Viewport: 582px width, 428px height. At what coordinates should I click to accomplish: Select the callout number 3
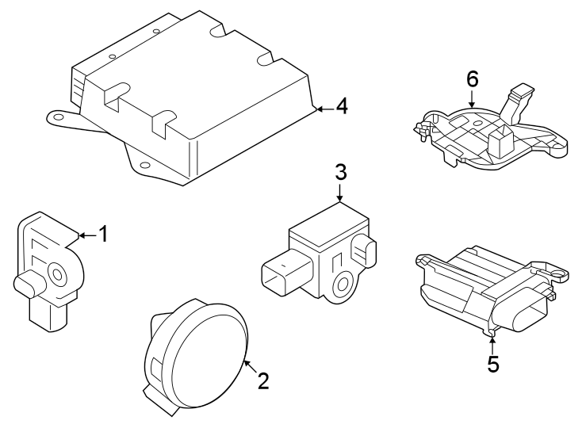coord(340,171)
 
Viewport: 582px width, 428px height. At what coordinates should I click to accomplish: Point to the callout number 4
coord(342,106)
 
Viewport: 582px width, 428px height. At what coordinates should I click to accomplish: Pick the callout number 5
coord(493,364)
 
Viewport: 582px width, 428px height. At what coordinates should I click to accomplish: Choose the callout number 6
coord(473,79)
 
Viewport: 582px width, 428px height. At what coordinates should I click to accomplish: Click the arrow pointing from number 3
coord(340,193)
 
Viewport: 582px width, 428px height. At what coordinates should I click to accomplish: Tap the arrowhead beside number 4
coord(320,108)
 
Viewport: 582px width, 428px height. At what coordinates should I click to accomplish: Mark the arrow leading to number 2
coord(248,365)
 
